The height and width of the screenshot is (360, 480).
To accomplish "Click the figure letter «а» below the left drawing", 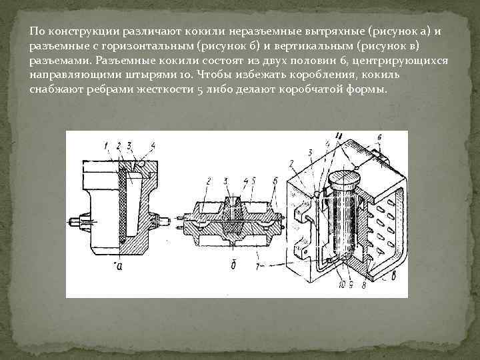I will (119, 265).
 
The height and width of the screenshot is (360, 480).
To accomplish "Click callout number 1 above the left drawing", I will (105, 145).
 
